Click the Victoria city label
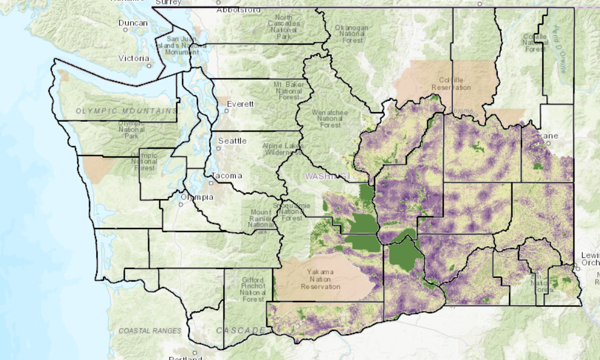pos(133,58)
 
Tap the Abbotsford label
pos(238,10)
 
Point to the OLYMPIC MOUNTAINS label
pos(126,111)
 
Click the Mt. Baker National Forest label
pos(289,91)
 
